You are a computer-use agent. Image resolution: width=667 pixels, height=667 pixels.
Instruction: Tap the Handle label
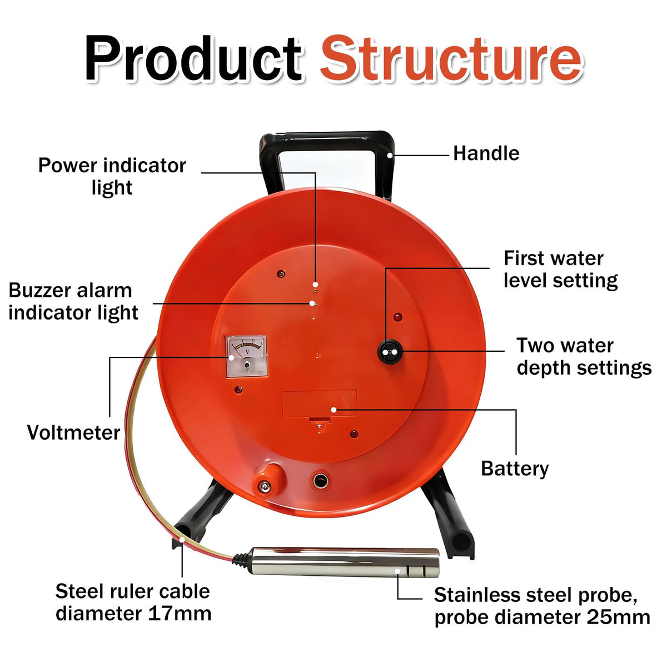pyautogui.click(x=486, y=153)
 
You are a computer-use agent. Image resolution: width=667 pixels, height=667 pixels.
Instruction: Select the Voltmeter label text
pyautogui.click(x=74, y=432)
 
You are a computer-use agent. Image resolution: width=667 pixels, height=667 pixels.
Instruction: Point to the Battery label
pyautogui.click(x=515, y=469)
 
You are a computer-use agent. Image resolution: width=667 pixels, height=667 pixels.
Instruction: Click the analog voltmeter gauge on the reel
pyautogui.click(x=246, y=356)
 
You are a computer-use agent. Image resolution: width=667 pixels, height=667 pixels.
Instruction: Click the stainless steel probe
pyautogui.click(x=345, y=562)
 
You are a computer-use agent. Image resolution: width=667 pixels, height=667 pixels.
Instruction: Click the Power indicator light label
pyautogui.click(x=112, y=176)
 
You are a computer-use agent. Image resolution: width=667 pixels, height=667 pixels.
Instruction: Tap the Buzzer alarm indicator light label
pyautogui.click(x=73, y=301)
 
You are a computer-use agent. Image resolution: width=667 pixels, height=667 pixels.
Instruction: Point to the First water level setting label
pyautogui.click(x=560, y=269)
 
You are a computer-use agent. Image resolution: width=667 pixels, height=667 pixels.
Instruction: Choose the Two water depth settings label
pyautogui.click(x=584, y=356)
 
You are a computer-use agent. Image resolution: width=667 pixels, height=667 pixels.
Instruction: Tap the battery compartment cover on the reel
pyautogui.click(x=320, y=404)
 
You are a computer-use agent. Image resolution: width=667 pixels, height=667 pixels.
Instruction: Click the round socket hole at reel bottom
pyautogui.click(x=322, y=481)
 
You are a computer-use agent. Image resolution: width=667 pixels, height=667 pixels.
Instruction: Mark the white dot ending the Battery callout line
pyautogui.click(x=333, y=410)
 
